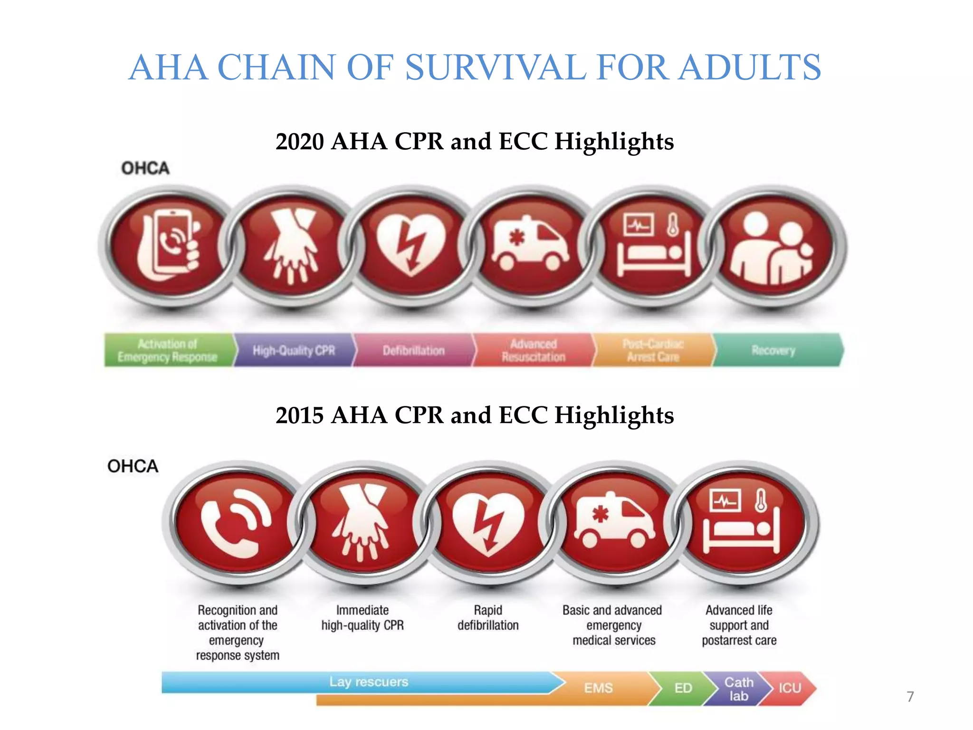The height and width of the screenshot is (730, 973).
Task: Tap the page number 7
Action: point(910,697)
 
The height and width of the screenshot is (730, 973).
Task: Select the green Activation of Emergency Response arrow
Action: point(167,351)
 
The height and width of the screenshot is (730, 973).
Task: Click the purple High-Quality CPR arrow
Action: point(294,351)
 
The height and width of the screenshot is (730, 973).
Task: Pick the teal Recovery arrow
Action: point(773,351)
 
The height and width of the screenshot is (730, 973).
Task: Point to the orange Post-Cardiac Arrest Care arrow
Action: point(653,351)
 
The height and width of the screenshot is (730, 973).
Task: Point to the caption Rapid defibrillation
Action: point(488,618)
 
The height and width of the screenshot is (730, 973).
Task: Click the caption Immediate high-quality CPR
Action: point(362,618)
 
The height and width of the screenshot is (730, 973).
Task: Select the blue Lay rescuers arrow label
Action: point(369,682)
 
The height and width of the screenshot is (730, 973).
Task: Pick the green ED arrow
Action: point(683,688)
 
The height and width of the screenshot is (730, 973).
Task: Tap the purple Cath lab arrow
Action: point(738,689)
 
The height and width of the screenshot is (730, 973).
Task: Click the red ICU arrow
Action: point(790,688)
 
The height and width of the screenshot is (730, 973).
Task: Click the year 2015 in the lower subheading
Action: point(299,415)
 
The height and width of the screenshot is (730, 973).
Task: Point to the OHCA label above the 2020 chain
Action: point(145,168)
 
